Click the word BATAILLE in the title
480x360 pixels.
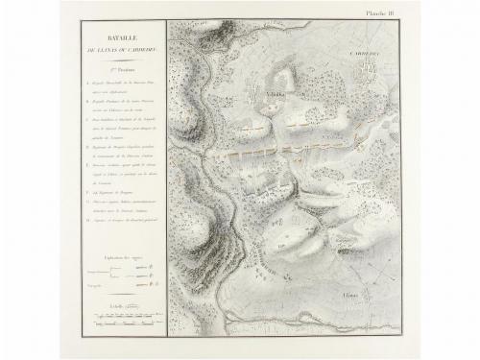coord(118,33)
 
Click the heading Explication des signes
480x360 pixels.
coord(117,261)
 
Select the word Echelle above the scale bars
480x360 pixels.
coord(117,305)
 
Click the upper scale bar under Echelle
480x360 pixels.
coord(117,313)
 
